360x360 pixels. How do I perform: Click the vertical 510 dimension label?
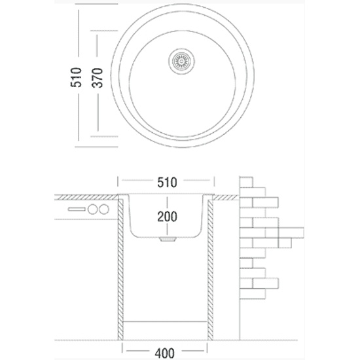coord(76,77)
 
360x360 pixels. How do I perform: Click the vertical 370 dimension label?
coord(97,78)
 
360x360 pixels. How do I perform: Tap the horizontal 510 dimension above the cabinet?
coord(167,183)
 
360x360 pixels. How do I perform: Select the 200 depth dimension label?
coord(167,217)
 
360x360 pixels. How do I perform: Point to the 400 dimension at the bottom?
coord(165,353)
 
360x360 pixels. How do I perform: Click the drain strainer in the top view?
coord(181,61)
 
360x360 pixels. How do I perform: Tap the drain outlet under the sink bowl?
coord(168,239)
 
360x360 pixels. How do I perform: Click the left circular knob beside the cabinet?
coord(92,209)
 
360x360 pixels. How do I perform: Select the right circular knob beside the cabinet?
coord(104,209)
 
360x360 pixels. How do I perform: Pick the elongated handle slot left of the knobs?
coord(77,209)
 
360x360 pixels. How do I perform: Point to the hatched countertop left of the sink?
coord(86,197)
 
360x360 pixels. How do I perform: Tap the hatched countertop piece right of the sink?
coord(226,197)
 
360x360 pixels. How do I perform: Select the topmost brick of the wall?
coord(246,182)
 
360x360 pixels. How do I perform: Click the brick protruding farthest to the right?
coord(291,232)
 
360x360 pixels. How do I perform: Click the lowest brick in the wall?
coord(252,294)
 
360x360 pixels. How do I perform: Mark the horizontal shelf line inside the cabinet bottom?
coord(165,321)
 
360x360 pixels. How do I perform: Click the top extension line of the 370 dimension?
coord(104,31)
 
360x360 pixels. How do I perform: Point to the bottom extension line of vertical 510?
coord(96,147)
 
